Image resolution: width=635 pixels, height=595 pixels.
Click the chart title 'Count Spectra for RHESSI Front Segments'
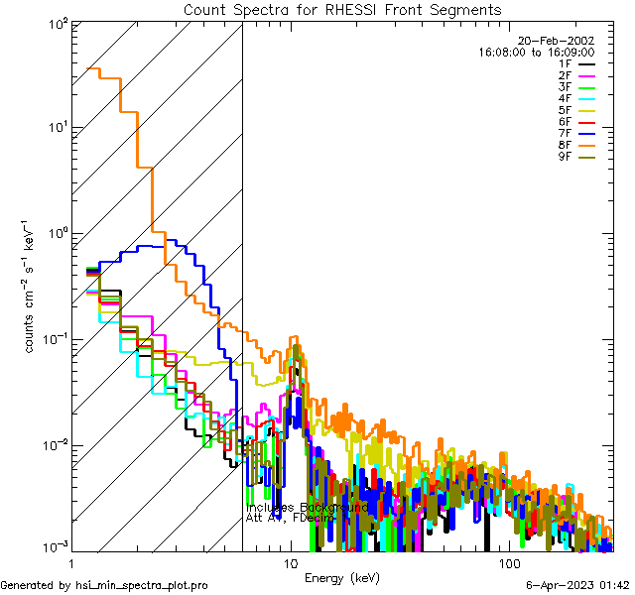(342, 10)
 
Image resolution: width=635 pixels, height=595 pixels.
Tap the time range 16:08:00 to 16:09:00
(536, 52)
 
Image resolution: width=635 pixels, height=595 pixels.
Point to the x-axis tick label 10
(290, 563)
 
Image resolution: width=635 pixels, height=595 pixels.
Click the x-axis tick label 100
(509, 563)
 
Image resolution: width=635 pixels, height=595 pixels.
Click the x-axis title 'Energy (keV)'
(341, 577)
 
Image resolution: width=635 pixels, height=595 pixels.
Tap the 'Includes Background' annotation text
(308, 507)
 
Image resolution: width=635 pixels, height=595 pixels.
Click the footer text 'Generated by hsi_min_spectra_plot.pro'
(105, 585)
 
